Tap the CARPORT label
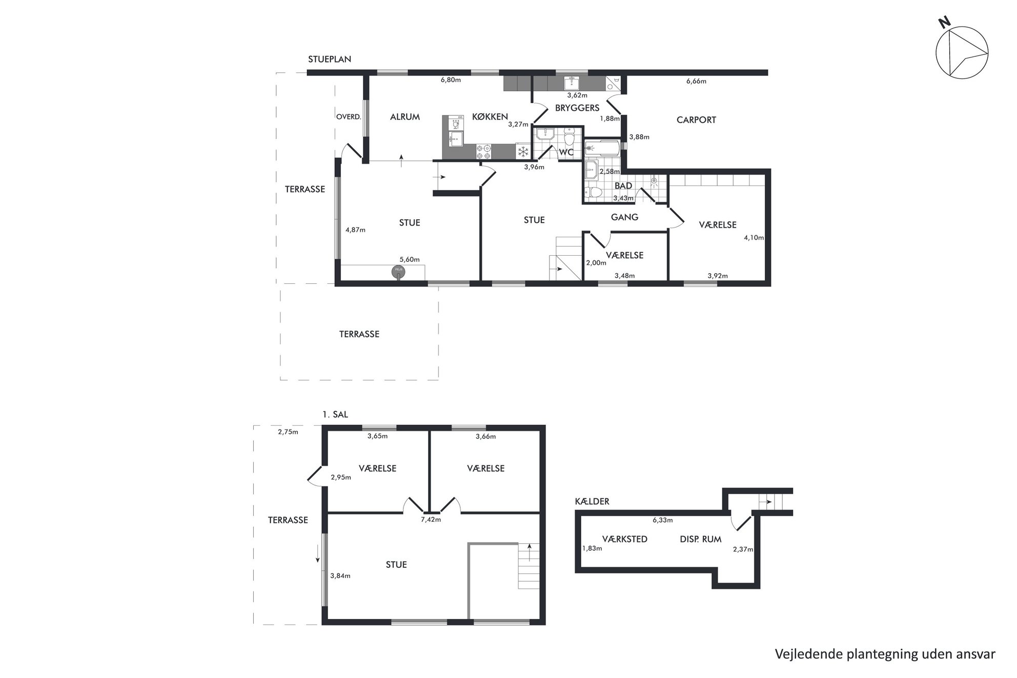[x=696, y=120]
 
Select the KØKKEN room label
[x=490, y=117]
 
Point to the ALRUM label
[x=405, y=117]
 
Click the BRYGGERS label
[x=577, y=108]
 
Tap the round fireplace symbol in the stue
[x=398, y=272]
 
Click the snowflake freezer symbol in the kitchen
[x=523, y=151]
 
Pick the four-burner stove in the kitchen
[x=483, y=151]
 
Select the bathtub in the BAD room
[x=602, y=148]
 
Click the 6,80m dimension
[x=451, y=80]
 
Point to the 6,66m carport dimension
[x=696, y=81]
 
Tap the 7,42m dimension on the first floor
[x=431, y=520]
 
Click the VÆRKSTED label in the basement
[x=625, y=539]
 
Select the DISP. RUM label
[x=701, y=539]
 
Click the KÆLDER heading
[x=592, y=501]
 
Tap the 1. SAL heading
[x=335, y=415]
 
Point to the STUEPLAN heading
[x=330, y=59]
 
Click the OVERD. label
[x=349, y=117]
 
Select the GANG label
[x=624, y=217]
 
